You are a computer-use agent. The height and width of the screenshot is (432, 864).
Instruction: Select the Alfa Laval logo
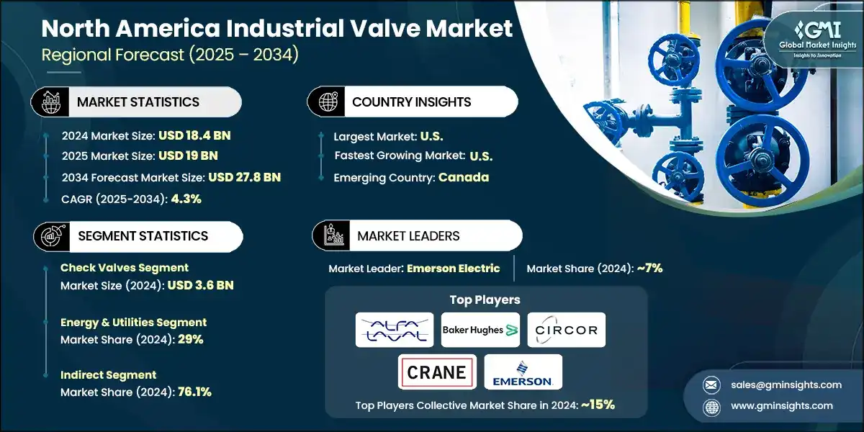[x=395, y=330]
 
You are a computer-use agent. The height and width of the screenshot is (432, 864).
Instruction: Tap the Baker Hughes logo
[x=480, y=330]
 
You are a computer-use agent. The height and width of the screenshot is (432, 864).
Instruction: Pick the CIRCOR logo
[x=566, y=330]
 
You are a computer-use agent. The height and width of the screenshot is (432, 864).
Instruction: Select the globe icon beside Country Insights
[x=328, y=102]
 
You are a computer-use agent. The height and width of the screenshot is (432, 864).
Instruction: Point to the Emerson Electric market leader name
[x=453, y=268]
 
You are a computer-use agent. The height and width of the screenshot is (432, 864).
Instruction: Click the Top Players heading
[x=485, y=300]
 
